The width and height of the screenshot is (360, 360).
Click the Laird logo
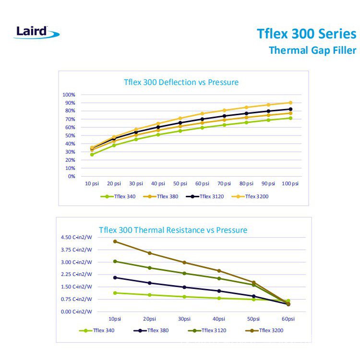[37, 33]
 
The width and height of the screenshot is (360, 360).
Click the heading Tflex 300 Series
[307, 35]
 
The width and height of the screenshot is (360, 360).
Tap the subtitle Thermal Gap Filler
[312, 50]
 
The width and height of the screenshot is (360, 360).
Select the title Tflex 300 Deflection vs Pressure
[181, 82]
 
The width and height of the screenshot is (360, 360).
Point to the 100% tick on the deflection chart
[69, 95]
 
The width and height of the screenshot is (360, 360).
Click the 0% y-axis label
[71, 176]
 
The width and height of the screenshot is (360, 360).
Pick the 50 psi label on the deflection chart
[180, 184]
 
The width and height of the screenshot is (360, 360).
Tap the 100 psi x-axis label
[289, 184]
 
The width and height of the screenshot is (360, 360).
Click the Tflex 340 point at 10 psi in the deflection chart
[92, 155]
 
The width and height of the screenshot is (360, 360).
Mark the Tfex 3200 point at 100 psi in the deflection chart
[290, 103]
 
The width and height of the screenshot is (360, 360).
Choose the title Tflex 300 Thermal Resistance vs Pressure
[173, 230]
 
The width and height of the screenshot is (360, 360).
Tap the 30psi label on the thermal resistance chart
[184, 319]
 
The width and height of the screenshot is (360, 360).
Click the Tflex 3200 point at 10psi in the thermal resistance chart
[115, 241]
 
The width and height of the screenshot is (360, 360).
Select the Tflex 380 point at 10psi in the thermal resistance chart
[115, 277]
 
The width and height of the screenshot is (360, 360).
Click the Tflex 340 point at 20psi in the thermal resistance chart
[150, 295]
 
